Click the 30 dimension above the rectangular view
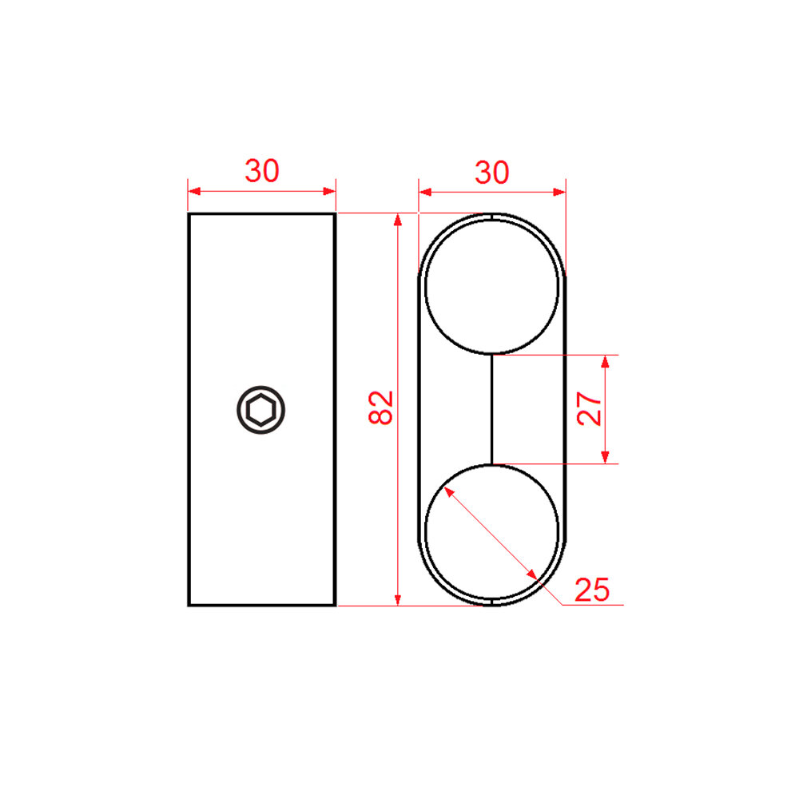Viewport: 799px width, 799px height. coord(262,171)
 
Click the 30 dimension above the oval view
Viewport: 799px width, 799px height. coord(491,173)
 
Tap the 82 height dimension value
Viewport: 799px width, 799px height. coord(380,407)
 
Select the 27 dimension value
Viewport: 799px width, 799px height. coord(589,408)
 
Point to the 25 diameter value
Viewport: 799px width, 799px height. coord(591,590)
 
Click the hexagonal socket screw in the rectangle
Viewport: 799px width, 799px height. coord(261,410)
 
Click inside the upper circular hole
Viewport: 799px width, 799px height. coord(491,286)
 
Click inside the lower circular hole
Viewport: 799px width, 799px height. coord(491,532)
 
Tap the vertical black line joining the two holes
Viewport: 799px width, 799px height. coord(491,409)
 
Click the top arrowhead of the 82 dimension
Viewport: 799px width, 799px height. coord(398,220)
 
